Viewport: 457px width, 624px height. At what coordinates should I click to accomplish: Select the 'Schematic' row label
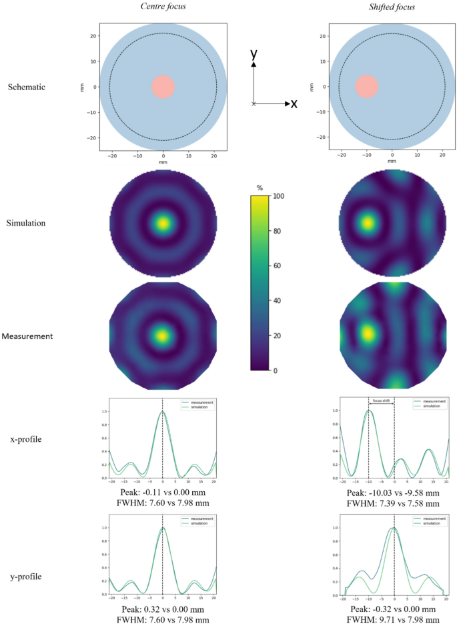click(x=27, y=87)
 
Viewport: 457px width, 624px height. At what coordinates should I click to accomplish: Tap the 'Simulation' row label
click(x=27, y=223)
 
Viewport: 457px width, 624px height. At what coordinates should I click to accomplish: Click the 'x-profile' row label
click(x=26, y=439)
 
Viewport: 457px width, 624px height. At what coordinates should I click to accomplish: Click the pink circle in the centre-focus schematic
click(x=163, y=87)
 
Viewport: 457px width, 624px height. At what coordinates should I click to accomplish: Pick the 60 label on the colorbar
click(x=278, y=266)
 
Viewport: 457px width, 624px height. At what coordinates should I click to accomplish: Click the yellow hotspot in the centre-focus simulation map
click(x=163, y=223)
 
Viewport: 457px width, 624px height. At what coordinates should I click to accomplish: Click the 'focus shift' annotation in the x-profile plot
click(x=381, y=401)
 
